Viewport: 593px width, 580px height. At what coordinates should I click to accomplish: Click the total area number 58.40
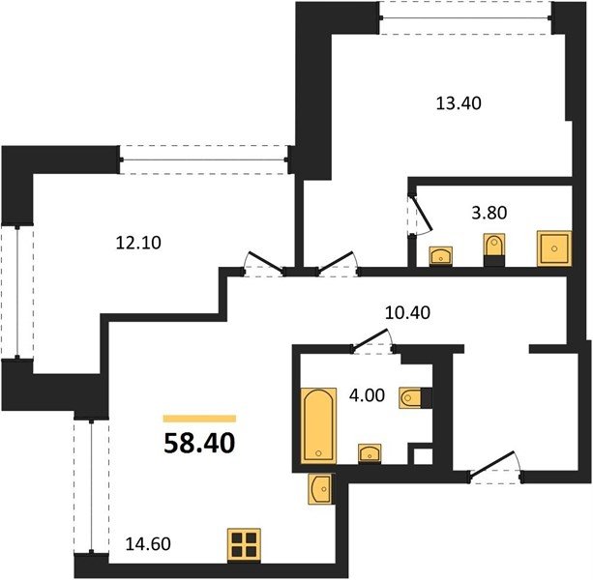coord(199,443)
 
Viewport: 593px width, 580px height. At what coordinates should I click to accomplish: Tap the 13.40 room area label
coord(459,103)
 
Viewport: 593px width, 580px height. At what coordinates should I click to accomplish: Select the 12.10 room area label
coord(138,243)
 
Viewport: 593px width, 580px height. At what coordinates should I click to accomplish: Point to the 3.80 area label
coord(489,213)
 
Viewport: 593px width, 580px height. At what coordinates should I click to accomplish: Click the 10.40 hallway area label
coord(407,313)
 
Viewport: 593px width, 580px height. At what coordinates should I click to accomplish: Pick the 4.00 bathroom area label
coord(367,395)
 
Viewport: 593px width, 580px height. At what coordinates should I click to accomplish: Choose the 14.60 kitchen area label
coord(148,544)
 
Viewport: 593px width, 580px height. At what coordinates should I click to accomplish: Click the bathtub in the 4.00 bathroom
coord(318,425)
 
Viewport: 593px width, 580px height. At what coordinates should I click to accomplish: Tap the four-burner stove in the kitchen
coord(244,544)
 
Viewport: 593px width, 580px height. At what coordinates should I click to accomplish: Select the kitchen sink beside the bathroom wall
coord(321,488)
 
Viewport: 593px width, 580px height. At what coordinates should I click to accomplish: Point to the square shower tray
coord(554,248)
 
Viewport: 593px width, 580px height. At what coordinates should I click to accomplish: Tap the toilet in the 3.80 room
coord(494,249)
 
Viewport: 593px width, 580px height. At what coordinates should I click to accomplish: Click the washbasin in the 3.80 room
coord(440,256)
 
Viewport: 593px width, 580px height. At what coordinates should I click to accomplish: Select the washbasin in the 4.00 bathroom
coord(370,453)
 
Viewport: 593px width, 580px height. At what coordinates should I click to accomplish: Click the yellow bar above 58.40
coord(199,419)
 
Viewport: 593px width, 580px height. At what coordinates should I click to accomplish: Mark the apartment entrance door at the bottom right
coord(495,468)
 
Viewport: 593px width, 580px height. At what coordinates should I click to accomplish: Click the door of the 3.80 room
coord(420,215)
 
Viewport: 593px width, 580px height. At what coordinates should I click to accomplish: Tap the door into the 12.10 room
coord(265,264)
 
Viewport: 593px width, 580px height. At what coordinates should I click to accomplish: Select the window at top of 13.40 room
coord(465,17)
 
